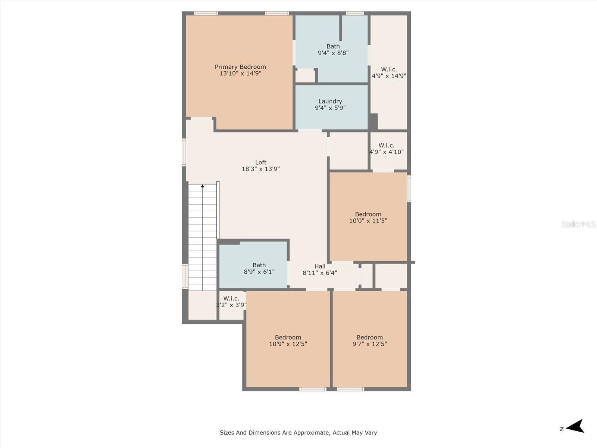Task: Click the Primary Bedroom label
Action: [x=240, y=67]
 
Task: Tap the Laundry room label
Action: [x=330, y=102]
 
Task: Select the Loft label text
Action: [x=260, y=162]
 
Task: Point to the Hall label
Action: [x=320, y=266]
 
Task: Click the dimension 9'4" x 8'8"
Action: [x=333, y=53]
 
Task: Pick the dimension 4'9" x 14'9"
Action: [x=389, y=76]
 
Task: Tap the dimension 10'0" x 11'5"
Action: [x=368, y=221]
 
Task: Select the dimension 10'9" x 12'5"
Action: [x=288, y=344]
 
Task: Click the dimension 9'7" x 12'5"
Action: [x=370, y=344]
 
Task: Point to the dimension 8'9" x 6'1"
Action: [x=259, y=271]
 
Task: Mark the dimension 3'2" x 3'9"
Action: [x=231, y=305]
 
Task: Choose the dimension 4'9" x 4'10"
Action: [x=387, y=152]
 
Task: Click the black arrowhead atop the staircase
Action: [x=202, y=186]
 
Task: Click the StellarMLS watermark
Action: [x=578, y=224]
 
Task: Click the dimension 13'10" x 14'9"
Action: [x=240, y=74]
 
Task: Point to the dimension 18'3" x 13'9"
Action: [x=261, y=169]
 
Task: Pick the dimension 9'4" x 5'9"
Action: [x=330, y=108]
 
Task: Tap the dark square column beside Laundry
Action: [x=373, y=121]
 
